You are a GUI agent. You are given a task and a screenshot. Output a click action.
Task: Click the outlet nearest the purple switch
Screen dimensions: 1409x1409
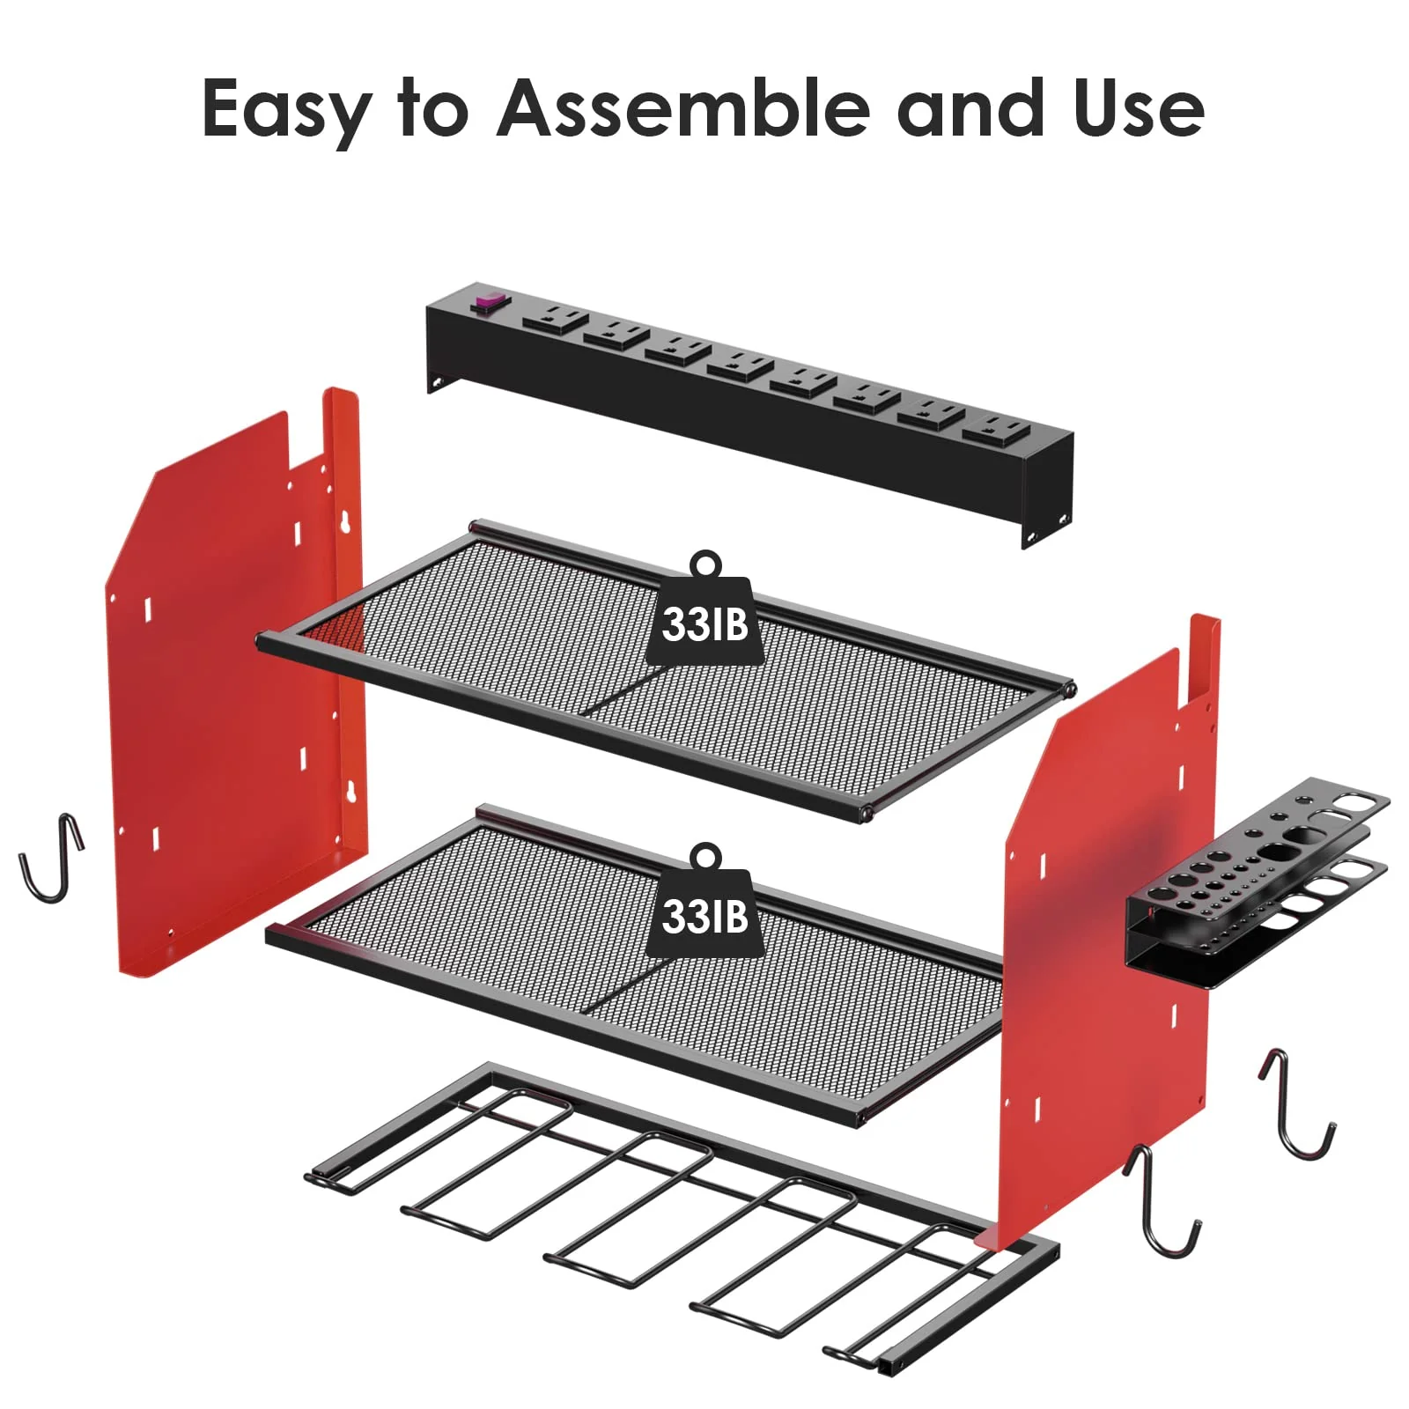pyautogui.click(x=554, y=316)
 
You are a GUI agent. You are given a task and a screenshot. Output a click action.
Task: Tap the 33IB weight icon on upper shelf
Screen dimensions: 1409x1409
pyautogui.click(x=704, y=613)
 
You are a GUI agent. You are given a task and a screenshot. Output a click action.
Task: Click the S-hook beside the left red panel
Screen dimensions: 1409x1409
pyautogui.click(x=51, y=858)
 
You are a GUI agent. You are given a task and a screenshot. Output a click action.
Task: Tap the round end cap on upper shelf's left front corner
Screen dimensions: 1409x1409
pyautogui.click(x=262, y=641)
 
